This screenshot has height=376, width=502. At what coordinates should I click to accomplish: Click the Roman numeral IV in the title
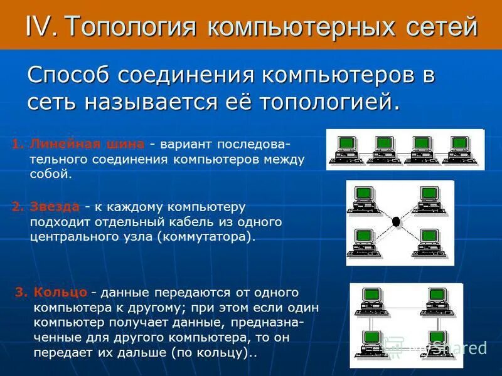tap(41, 26)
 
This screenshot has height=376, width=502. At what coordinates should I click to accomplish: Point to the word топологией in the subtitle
tap(330, 101)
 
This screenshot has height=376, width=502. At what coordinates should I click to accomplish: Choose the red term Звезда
tap(55, 207)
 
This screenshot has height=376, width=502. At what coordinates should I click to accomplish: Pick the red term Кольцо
tap(60, 293)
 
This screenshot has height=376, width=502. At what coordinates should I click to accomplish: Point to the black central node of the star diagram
tap(396, 221)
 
